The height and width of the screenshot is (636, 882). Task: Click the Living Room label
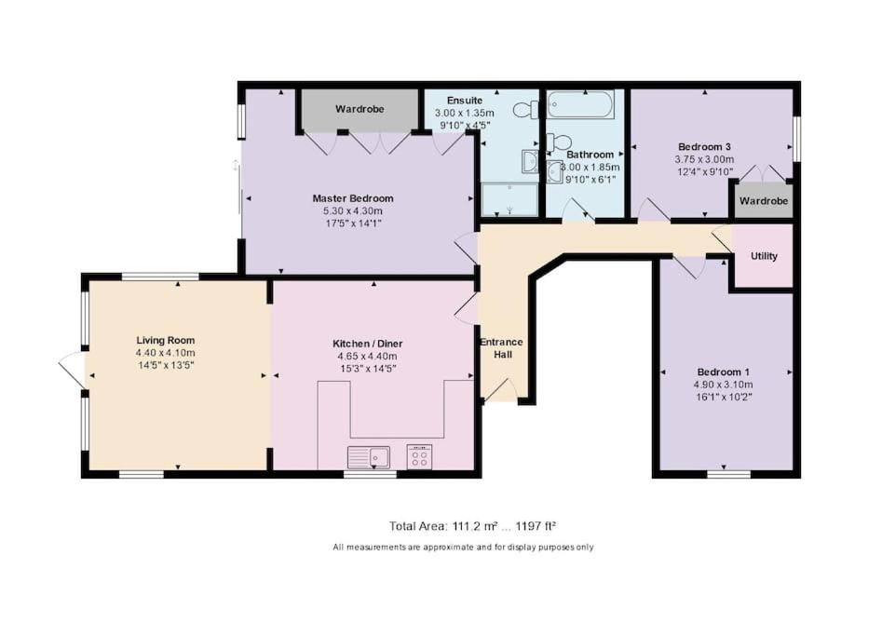pos(166,340)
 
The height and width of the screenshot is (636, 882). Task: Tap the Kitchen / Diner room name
pos(368,344)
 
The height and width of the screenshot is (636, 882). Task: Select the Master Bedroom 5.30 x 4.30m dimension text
pos(353,210)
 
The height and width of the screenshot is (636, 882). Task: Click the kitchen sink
pos(369,457)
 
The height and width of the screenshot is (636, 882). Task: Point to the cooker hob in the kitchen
pos(420,456)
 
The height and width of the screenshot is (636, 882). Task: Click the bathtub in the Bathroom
pos(580,104)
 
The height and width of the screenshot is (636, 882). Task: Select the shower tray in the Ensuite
pos(509,199)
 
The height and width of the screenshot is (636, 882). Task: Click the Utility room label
pos(764,256)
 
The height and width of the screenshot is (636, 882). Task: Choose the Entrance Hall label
pos(502,348)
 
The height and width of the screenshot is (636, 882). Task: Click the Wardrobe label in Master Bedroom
pos(360,109)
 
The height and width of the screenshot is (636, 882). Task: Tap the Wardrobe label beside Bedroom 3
pos(764,201)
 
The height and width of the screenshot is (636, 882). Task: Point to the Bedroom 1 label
pos(723,372)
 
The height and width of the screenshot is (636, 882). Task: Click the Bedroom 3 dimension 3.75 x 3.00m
pos(704,159)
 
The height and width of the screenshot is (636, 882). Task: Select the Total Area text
pos(472,526)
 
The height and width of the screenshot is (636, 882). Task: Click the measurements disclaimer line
pos(463,548)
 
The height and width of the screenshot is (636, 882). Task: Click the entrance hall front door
pos(500,391)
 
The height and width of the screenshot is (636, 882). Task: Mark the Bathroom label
pos(590,155)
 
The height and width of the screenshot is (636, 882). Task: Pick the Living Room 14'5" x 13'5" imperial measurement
pos(166,366)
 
